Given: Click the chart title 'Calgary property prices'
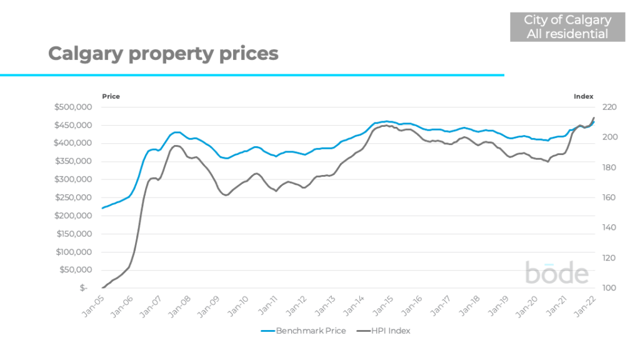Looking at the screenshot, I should click(x=163, y=54).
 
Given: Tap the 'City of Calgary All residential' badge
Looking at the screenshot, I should click(x=567, y=27).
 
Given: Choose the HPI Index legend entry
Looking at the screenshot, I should click(x=383, y=331).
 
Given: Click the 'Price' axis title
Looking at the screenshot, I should click(x=111, y=96).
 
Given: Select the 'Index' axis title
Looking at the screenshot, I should click(x=584, y=96).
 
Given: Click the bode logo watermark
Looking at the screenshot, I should click(x=556, y=273).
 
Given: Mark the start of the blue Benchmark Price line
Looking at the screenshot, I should click(x=102, y=208).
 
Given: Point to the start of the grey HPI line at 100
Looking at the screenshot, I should click(x=102, y=288).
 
